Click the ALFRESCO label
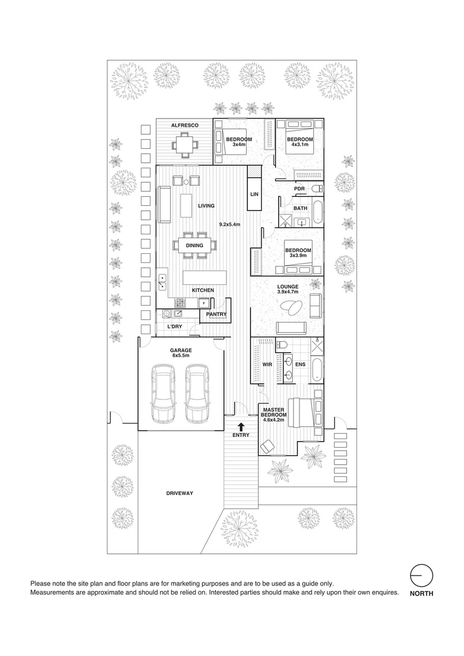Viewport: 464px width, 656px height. click(x=182, y=125)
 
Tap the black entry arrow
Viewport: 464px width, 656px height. click(x=241, y=427)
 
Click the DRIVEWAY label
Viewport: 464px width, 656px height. click(x=179, y=493)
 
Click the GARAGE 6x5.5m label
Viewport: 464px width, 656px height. click(x=181, y=352)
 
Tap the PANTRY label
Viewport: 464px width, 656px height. click(x=216, y=315)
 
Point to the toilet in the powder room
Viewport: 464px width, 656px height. click(x=317, y=190)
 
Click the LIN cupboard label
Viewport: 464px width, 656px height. click(x=254, y=194)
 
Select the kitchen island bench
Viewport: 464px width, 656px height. click(x=205, y=279)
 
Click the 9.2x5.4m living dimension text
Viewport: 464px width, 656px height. click(x=230, y=225)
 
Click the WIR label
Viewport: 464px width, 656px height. click(x=266, y=364)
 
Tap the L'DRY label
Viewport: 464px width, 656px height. click(x=174, y=327)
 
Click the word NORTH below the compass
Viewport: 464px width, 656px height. click(x=421, y=594)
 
